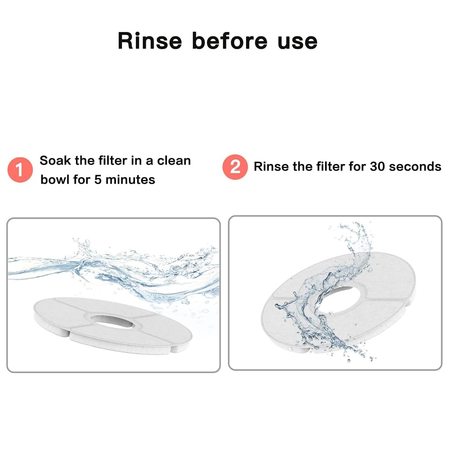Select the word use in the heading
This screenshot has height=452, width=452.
[297, 43]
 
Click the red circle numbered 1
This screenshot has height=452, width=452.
[20, 170]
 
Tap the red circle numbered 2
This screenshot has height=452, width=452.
[235, 167]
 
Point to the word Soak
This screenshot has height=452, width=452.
[55, 160]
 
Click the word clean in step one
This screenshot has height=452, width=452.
[174, 161]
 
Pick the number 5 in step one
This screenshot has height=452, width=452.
[98, 180]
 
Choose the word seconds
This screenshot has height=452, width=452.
[415, 167]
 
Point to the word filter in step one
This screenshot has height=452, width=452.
[113, 160]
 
